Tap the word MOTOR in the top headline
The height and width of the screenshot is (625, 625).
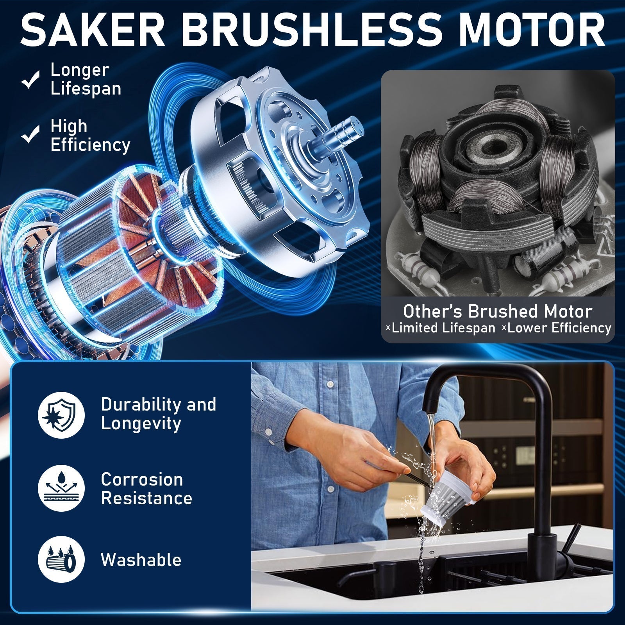531,31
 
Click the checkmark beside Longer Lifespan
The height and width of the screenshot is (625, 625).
30,79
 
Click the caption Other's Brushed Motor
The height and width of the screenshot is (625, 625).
498,311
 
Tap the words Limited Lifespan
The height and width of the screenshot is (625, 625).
443,328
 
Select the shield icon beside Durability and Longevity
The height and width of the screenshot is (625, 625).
61,414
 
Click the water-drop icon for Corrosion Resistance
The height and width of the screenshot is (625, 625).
61,488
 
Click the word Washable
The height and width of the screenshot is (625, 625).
141,559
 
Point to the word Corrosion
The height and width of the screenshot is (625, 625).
142,479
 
